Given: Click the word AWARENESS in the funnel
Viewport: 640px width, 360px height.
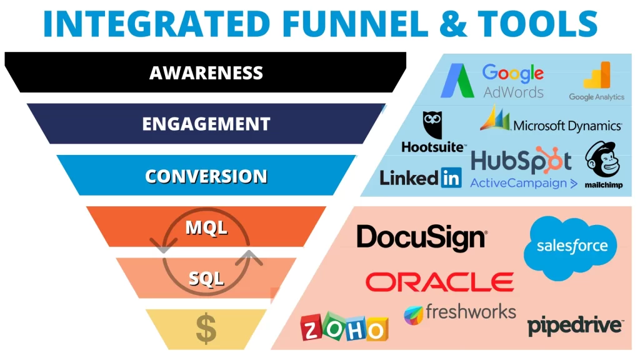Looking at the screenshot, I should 206,73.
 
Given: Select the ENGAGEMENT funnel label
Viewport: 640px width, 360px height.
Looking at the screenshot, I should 206,123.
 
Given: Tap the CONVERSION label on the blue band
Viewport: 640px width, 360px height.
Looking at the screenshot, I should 206,176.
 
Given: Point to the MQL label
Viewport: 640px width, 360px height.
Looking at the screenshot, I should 206,228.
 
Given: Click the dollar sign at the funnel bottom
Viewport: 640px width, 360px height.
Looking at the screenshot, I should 206,329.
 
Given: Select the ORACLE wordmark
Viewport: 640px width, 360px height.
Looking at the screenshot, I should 439,282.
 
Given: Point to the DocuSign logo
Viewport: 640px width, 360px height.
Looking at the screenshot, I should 421,237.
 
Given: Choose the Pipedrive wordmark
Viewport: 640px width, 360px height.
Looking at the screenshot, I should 574,326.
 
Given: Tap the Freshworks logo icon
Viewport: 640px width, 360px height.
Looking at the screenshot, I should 414,314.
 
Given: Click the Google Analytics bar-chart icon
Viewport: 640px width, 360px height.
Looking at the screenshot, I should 597,76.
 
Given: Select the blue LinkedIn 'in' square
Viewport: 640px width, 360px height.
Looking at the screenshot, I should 450,177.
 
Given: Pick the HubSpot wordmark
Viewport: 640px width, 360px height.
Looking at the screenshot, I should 521,161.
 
